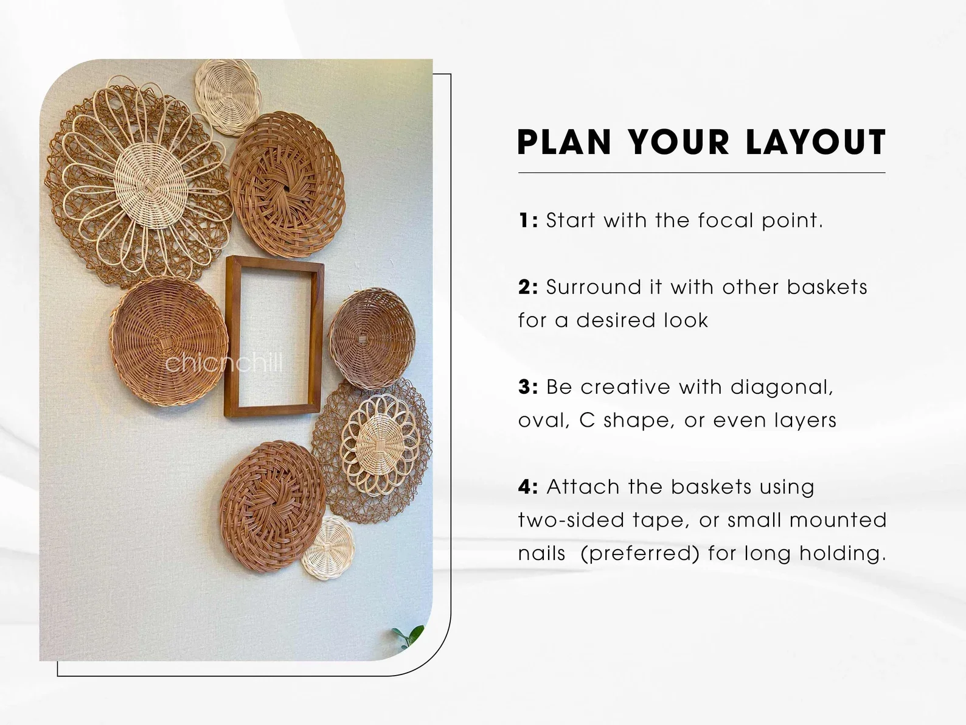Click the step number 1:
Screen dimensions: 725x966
pos(528,220)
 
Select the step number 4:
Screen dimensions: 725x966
pos(528,487)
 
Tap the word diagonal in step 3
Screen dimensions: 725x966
pos(781,387)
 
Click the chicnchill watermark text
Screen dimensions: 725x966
pos(224,363)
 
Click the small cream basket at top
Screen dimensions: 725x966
pos(228,97)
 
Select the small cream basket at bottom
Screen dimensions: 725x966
pos(328,548)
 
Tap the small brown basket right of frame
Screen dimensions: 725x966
pos(372,338)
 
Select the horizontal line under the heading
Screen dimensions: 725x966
pos(701,173)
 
